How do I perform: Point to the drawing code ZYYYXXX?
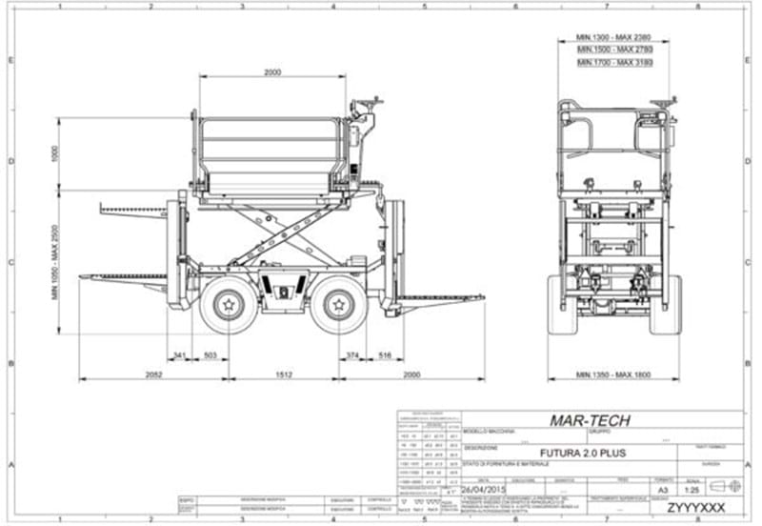[x=695, y=507]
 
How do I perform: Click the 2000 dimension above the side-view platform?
[x=273, y=72]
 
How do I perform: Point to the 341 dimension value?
[x=178, y=355]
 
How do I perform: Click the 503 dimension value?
[x=211, y=355]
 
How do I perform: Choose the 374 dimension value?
[x=353, y=355]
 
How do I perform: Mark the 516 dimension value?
[x=385, y=355]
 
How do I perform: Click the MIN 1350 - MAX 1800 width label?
[x=613, y=374]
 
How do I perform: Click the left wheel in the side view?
[x=228, y=304]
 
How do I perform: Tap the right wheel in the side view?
[x=339, y=304]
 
